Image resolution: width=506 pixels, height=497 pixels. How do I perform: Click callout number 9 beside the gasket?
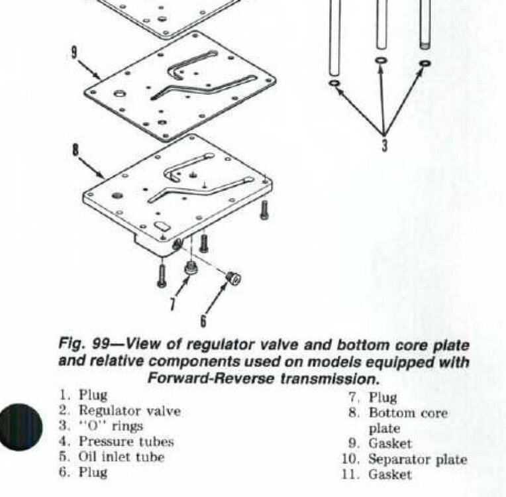click(x=75, y=52)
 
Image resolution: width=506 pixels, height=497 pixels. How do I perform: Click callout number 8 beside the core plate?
click(x=76, y=150)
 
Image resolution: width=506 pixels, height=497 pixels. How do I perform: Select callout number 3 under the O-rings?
click(x=383, y=145)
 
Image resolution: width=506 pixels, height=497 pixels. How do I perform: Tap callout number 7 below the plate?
click(x=173, y=304)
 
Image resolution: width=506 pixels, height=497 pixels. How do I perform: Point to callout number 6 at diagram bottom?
click(x=203, y=321)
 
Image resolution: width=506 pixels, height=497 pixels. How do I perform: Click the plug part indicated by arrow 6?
click(x=233, y=279)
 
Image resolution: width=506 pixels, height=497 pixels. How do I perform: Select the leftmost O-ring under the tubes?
click(x=335, y=83)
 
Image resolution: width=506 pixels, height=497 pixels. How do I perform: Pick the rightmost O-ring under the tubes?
click(x=425, y=64)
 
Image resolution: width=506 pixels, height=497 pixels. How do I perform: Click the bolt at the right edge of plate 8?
click(x=264, y=211)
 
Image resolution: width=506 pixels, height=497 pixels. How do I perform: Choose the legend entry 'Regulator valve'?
click(x=129, y=411)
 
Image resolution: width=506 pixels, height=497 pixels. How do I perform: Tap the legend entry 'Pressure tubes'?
click(x=126, y=441)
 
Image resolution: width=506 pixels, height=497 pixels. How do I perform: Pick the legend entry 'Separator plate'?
click(x=417, y=459)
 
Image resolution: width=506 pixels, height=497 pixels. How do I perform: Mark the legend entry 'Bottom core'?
click(x=408, y=413)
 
